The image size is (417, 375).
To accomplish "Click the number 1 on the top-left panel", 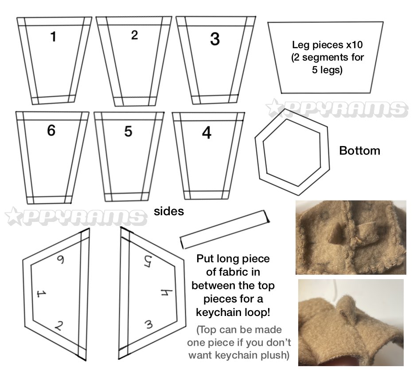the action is pyautogui.click(x=54, y=36).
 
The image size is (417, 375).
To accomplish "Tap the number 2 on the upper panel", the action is pyautogui.click(x=135, y=35).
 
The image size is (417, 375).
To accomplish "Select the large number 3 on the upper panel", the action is pyautogui.click(x=215, y=39).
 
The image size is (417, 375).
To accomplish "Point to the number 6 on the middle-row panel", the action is pyautogui.click(x=51, y=130).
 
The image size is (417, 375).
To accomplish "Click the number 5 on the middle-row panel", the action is pyautogui.click(x=128, y=131).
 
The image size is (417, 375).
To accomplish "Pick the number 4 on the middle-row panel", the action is pyautogui.click(x=207, y=133).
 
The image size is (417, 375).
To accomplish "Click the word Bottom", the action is pyautogui.click(x=359, y=151).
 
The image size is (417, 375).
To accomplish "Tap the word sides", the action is pyautogui.click(x=169, y=212).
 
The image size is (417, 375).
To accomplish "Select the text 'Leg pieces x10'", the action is pyautogui.click(x=327, y=45).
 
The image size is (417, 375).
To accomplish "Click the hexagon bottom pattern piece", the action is pyautogui.click(x=259, y=160).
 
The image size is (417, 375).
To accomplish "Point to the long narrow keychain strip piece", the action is pyautogui.click(x=225, y=229).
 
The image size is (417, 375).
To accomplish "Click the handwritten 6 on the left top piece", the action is pyautogui.click(x=61, y=260).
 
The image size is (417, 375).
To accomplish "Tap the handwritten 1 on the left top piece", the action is pyautogui.click(x=41, y=294).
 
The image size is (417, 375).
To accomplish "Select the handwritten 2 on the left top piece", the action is pyautogui.click(x=59, y=326).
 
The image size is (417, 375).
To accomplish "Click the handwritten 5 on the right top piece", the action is pyautogui.click(x=148, y=261).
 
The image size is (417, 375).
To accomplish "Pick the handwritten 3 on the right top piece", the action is pyautogui.click(x=149, y=324).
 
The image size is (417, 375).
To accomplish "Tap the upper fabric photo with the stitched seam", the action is pyautogui.click(x=351, y=237).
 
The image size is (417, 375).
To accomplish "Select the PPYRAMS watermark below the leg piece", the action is pyautogui.click(x=337, y=108).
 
